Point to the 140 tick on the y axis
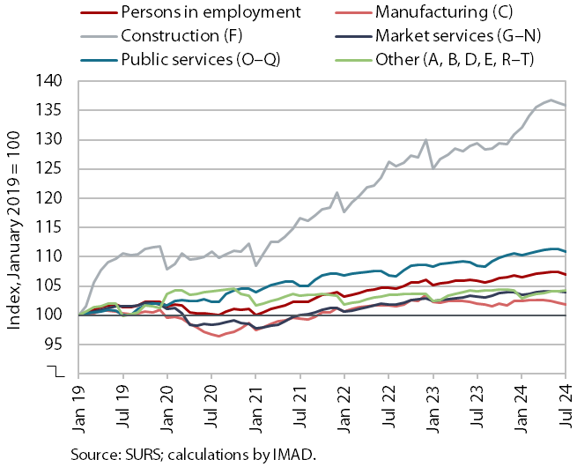point(50,81)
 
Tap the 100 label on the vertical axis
point(50,315)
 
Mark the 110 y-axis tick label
point(50,256)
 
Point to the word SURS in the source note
point(144,454)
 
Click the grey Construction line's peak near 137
point(551,100)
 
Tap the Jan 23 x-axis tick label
point(433,407)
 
